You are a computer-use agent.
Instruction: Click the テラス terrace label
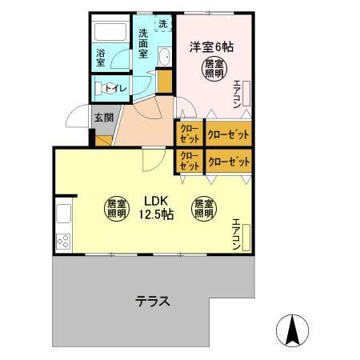pyautogui.click(x=151, y=302)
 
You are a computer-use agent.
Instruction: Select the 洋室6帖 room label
pyautogui.click(x=211, y=46)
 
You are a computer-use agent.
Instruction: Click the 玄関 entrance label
pyautogui.click(x=104, y=118)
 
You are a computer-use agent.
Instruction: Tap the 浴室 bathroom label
pyautogui.click(x=102, y=58)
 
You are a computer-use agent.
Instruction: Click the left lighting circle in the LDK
pyautogui.click(x=116, y=208)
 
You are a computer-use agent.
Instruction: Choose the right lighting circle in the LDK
pyautogui.click(x=202, y=208)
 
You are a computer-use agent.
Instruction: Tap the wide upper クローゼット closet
pyautogui.click(x=229, y=133)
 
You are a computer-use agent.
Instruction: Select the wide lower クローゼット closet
pyautogui.click(x=229, y=162)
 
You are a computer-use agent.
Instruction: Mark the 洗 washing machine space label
pyautogui.click(x=162, y=24)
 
